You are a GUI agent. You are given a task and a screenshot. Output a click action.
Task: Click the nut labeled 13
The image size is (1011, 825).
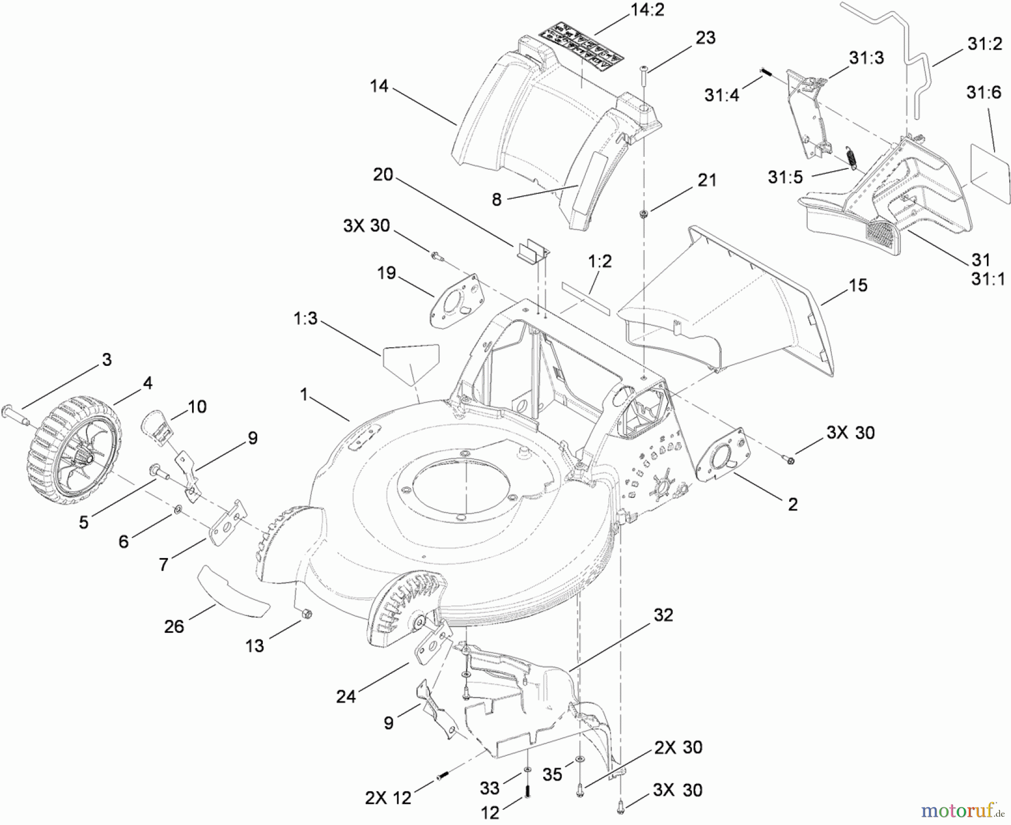pyautogui.click(x=306, y=614)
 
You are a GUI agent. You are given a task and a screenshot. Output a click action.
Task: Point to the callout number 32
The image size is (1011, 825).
pyautogui.click(x=663, y=615)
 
